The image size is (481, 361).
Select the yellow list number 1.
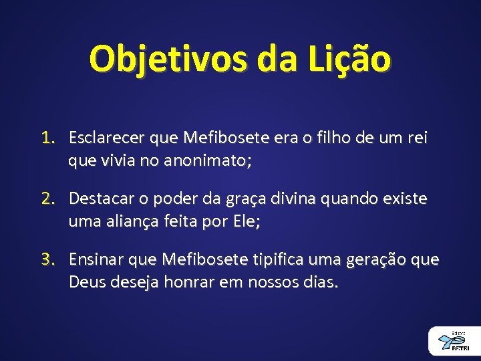click(x=46, y=138)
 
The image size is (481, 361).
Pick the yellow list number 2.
click(x=46, y=199)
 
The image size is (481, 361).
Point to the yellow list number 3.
click(x=46, y=260)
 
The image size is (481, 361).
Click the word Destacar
click(x=102, y=199)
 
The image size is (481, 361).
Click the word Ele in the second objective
click(x=243, y=222)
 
